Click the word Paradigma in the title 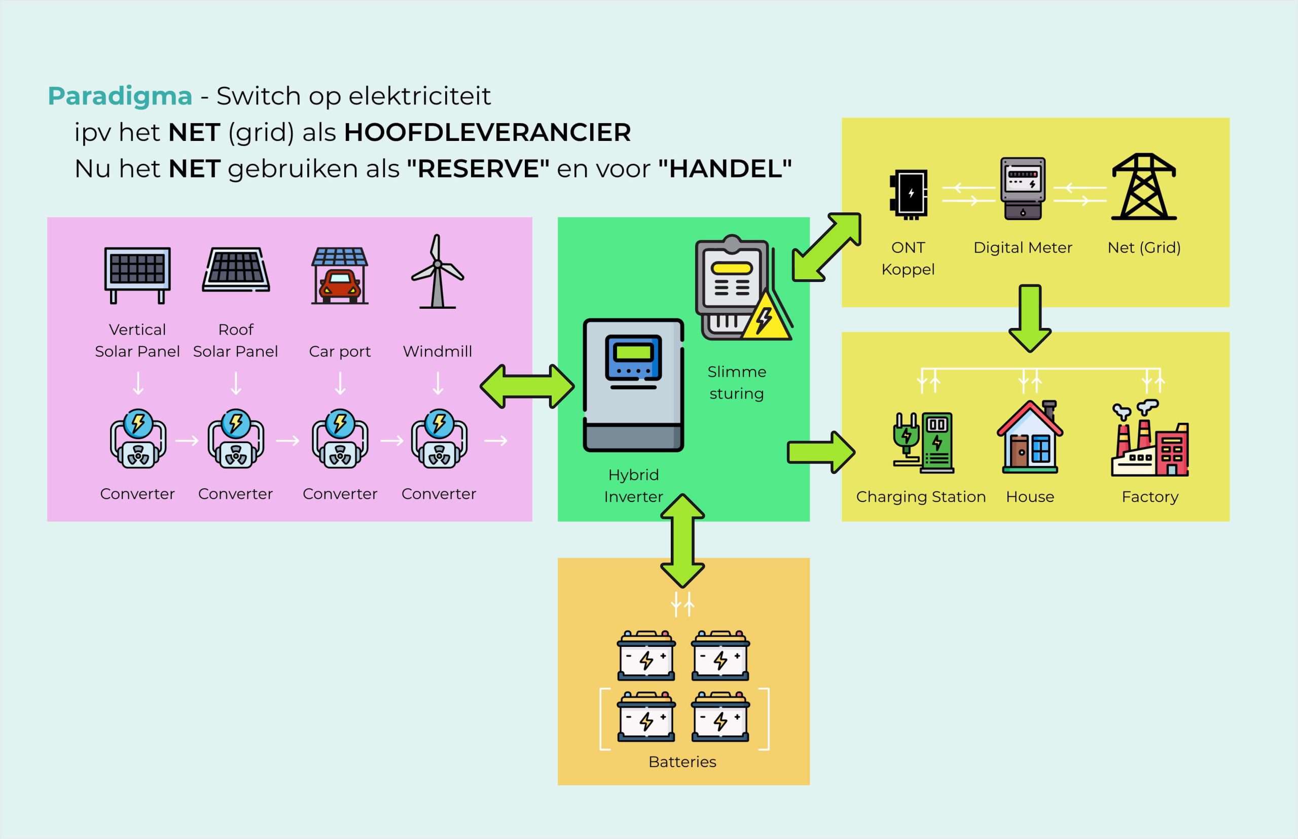pos(120,96)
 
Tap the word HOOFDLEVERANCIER pos(487,132)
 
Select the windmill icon pos(437,272)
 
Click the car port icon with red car pos(340,276)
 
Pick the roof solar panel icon pos(236,270)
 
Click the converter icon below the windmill pos(439,439)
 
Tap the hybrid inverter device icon pos(633,385)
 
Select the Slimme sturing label pos(736,382)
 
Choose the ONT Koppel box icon pos(909,195)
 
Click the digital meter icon pos(1022,189)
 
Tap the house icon pos(1029,437)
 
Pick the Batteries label pos(682,761)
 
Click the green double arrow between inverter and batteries pos(682,541)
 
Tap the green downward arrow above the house pos(1029,318)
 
